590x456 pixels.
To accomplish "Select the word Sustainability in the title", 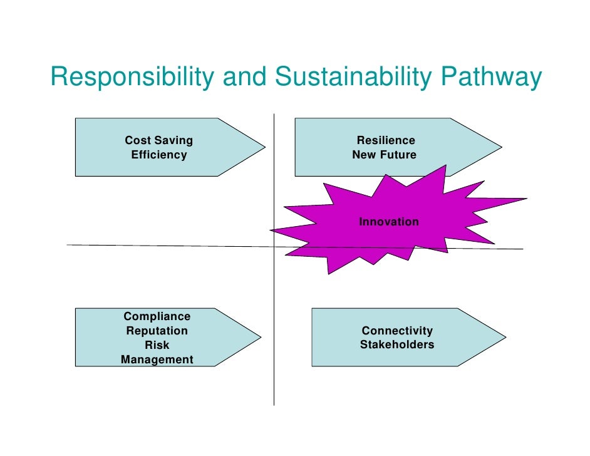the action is click(x=353, y=78).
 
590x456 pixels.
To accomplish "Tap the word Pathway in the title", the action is click(x=491, y=78).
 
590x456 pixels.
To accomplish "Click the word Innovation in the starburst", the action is click(x=388, y=222).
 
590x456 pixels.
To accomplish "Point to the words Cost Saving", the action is click(x=158, y=140).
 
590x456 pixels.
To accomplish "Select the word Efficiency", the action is click(x=158, y=155).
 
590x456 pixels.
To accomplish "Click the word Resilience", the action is click(x=386, y=140).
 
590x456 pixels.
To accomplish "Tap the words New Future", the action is click(x=384, y=155).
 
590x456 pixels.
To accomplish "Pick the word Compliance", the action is click(x=157, y=317).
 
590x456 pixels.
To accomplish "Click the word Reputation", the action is click(x=157, y=331).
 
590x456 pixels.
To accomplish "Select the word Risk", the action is click(x=157, y=345).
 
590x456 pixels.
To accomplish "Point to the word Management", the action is click(x=157, y=360).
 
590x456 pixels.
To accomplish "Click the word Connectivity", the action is click(x=397, y=331).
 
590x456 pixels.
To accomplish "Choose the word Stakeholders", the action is click(x=397, y=345).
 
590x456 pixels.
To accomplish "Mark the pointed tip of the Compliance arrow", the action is click(x=260, y=337).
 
